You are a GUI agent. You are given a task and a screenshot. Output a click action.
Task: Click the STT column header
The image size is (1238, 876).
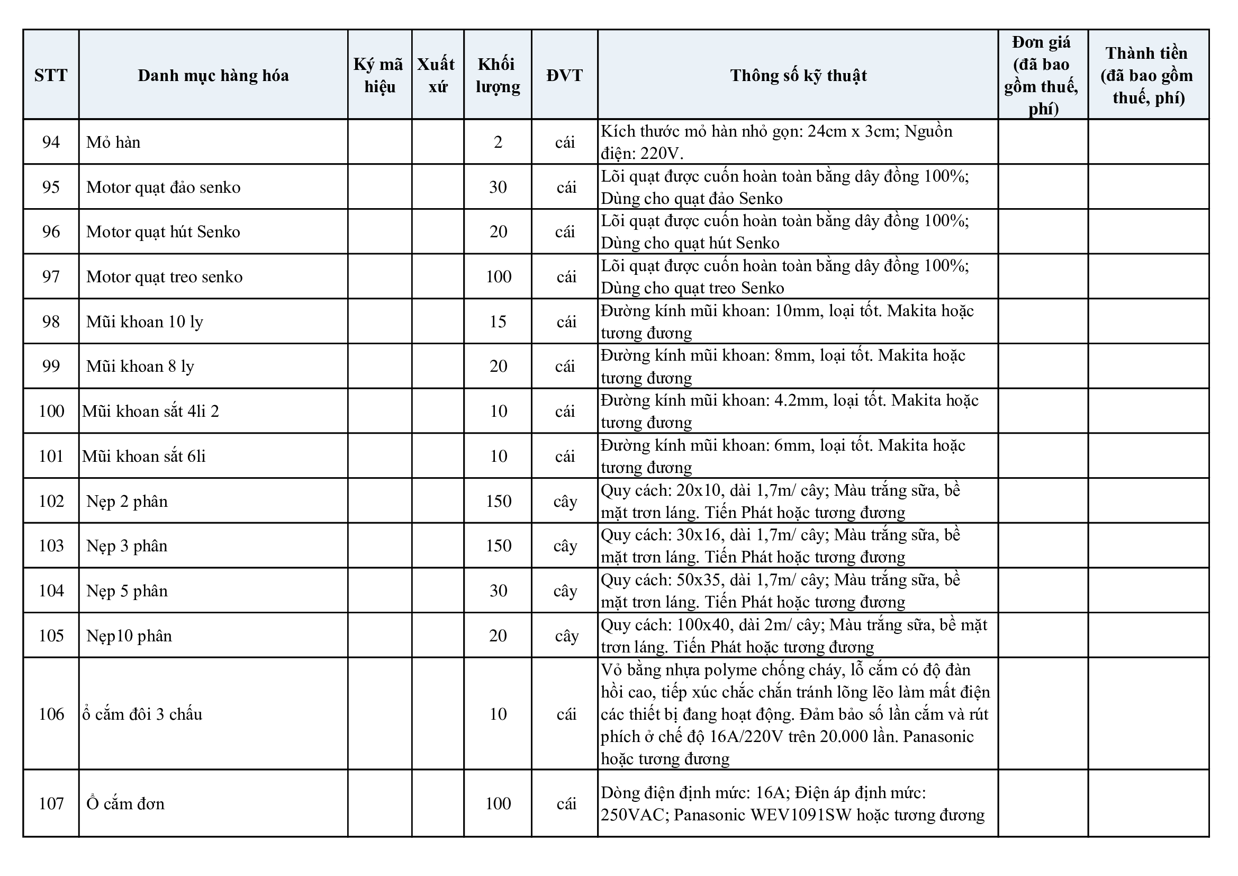coord(51,75)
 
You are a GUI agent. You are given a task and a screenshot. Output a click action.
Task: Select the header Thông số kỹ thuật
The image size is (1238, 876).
coord(798,75)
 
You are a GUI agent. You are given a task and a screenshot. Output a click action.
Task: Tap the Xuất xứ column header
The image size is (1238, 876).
coord(437,75)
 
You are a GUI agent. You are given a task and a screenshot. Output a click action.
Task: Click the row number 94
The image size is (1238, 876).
coord(51,142)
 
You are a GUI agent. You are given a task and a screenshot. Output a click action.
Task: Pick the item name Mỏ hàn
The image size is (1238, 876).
coord(113,142)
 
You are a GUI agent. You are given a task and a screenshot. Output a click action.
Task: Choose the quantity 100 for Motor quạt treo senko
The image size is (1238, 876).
coord(498,276)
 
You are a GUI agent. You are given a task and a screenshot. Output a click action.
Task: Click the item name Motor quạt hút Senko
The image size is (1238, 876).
coord(163,232)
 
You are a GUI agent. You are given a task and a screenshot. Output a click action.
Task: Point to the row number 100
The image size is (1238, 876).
coord(51,412)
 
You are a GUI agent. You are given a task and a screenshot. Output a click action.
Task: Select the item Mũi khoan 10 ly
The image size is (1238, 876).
coord(144,322)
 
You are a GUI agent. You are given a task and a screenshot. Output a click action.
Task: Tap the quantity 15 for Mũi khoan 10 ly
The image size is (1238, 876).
coord(498,322)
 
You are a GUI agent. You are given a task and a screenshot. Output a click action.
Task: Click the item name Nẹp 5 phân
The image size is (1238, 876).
coord(126,591)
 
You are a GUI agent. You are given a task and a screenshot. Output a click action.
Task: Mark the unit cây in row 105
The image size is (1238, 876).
coord(566,636)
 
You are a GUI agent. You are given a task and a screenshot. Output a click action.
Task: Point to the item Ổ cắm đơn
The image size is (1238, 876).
coord(125,804)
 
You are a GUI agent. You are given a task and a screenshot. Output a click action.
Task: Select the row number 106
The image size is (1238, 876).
coord(51,714)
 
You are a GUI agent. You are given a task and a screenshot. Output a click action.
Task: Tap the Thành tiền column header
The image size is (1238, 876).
coord(1147,75)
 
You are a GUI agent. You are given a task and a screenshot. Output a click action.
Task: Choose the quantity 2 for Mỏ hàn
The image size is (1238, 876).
coord(498,142)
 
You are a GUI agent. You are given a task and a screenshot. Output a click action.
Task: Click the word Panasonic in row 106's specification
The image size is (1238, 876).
coord(938,737)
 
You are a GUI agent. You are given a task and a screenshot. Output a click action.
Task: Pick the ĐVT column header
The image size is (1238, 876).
coord(565,75)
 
